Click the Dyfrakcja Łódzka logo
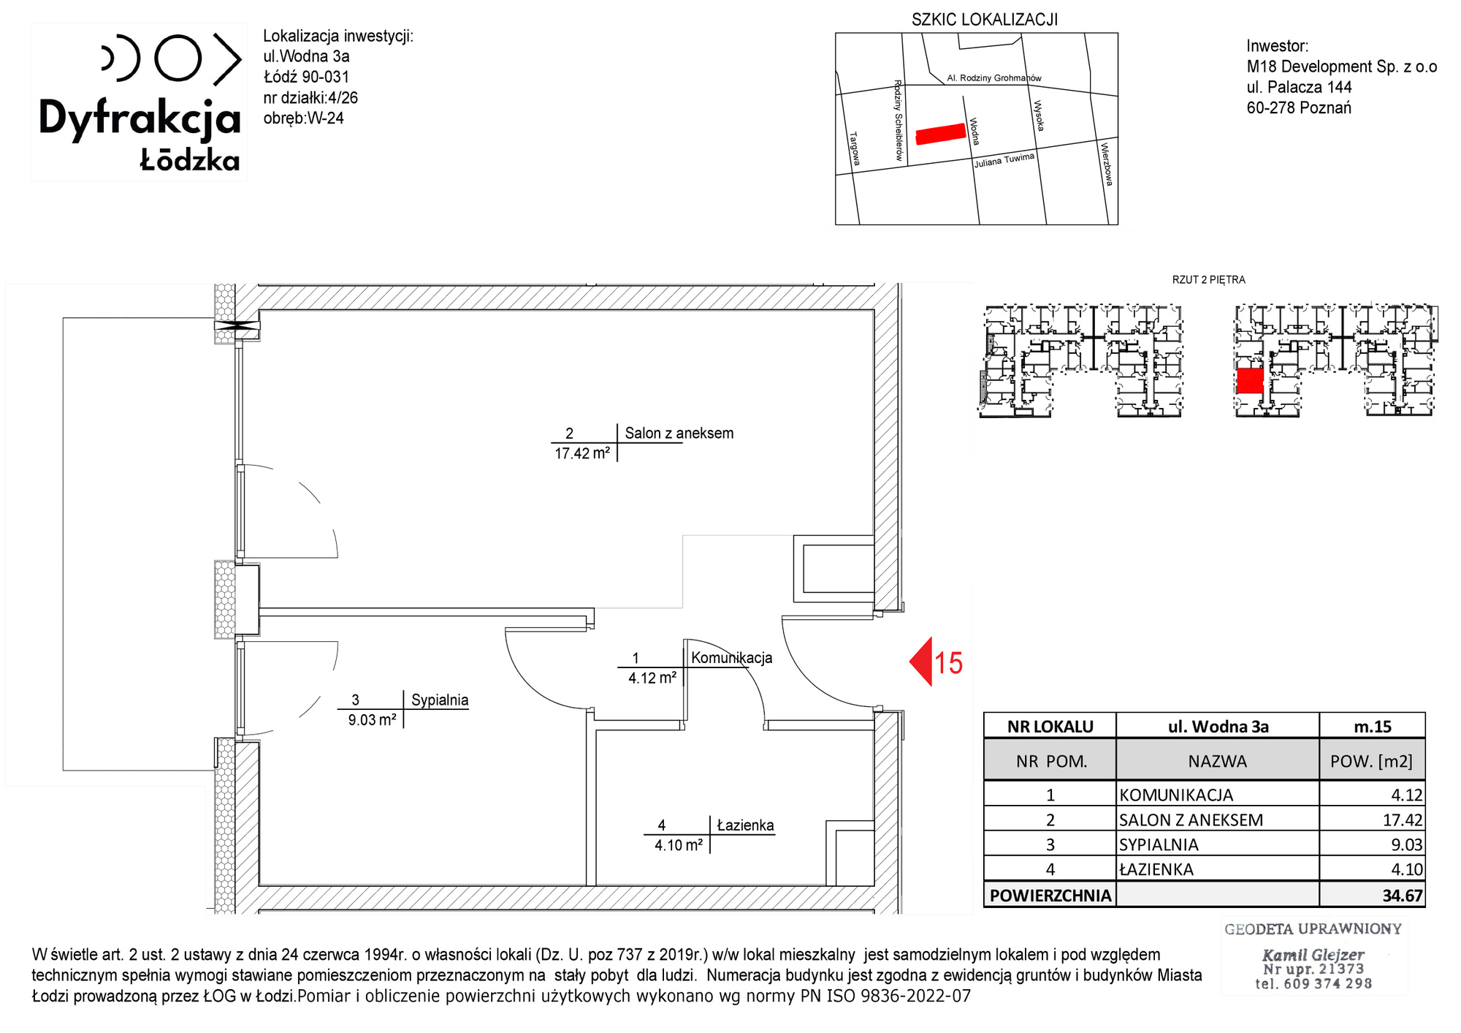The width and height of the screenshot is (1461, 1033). pos(140,102)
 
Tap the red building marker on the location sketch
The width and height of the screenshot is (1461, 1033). pos(941,134)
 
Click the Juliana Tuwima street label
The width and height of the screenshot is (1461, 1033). pos(1004,160)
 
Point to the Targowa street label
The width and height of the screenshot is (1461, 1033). pos(855,148)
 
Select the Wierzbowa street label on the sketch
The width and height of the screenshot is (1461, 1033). pos(1107,164)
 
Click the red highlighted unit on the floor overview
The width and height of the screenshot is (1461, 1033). pos(1250,381)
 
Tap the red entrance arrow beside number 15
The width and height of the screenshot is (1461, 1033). pos(920,662)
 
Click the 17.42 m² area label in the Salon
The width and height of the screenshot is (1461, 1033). pos(581,453)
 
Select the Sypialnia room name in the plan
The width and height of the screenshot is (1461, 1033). pos(440,700)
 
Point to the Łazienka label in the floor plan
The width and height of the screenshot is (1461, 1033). pos(745,825)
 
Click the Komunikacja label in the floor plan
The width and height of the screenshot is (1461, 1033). pos(731,657)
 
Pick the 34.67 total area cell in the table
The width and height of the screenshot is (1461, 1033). pos(1402,896)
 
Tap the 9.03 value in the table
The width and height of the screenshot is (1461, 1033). pos(1406,845)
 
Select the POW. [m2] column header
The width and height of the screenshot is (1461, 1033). pos(1371,761)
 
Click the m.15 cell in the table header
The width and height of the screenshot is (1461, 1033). pos(1373,727)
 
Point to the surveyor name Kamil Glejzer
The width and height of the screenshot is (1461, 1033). pos(1313,955)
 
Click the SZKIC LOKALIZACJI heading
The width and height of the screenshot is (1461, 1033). pos(984,20)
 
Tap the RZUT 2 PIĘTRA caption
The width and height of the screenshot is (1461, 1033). pos(1208,280)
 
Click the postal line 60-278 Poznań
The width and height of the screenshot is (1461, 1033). pos(1299,107)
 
